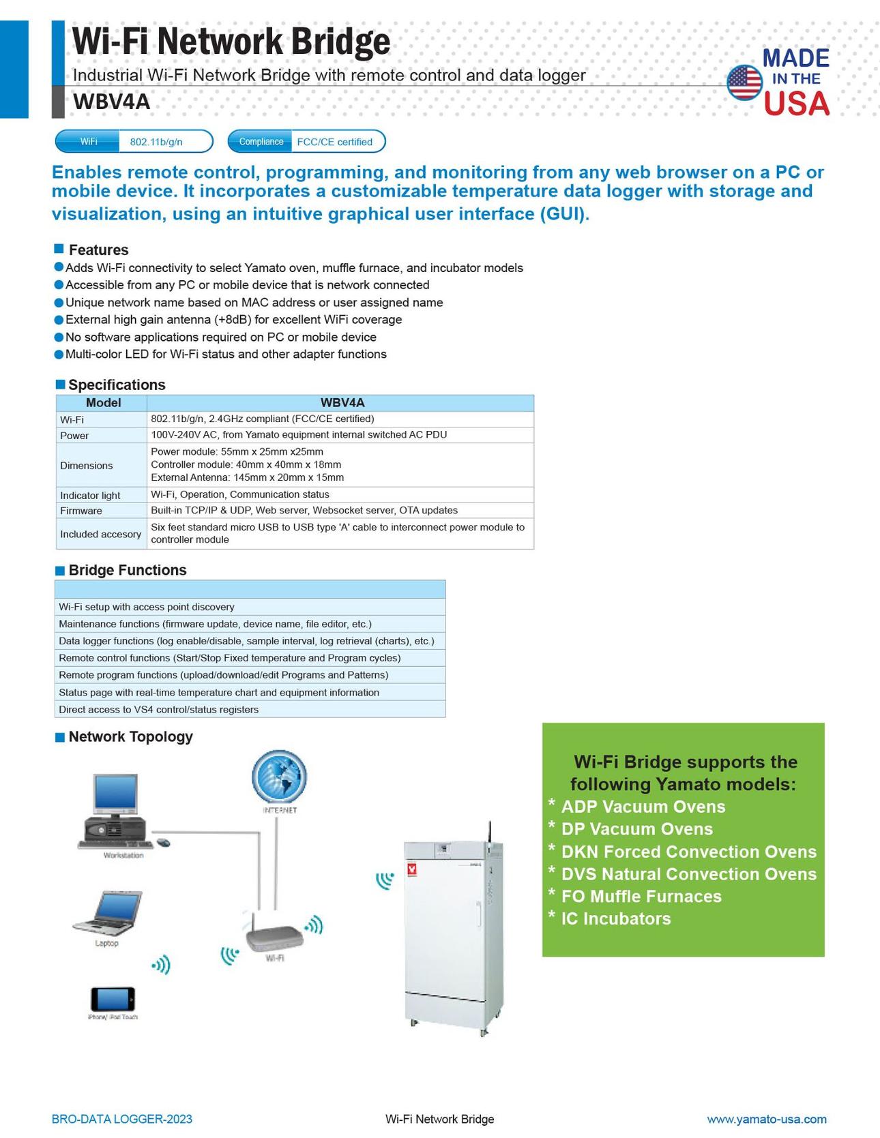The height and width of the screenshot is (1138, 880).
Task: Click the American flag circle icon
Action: (744, 83)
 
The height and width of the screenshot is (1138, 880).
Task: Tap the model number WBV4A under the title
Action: (111, 102)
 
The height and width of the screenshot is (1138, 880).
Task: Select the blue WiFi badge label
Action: (88, 142)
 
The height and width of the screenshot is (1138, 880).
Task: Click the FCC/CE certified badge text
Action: (334, 142)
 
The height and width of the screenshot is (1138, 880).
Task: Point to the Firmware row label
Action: (81, 511)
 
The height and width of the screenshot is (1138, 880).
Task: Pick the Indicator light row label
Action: (90, 495)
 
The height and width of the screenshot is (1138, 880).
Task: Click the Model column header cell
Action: (103, 403)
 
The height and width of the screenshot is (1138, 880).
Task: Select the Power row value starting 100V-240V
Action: (299, 434)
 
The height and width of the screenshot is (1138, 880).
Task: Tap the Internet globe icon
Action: (279, 778)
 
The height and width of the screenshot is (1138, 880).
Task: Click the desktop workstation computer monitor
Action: (115, 796)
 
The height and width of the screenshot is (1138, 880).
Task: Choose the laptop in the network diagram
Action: (108, 912)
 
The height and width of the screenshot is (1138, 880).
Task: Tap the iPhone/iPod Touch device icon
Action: (113, 999)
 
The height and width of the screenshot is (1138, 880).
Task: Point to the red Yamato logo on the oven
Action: (411, 869)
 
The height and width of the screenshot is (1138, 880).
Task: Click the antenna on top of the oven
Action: (489, 833)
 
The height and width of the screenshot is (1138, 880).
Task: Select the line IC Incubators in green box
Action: (615, 918)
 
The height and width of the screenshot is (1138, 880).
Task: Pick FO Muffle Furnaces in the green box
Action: (641, 896)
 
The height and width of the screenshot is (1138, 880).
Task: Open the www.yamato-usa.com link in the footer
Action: (766, 1119)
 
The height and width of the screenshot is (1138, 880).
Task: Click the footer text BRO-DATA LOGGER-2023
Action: (122, 1119)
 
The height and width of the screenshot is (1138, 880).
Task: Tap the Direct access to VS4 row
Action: (159, 709)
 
